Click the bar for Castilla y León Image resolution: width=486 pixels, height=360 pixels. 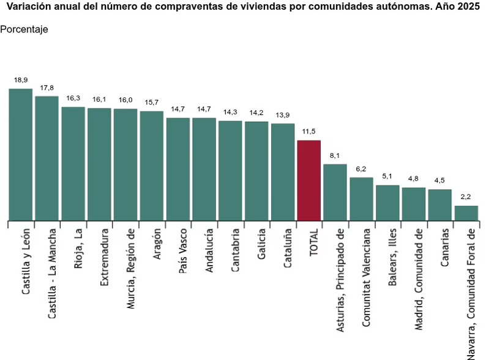[20, 154]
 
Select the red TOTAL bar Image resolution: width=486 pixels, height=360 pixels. [308, 180]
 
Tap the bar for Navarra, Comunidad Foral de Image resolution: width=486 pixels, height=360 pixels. [466, 213]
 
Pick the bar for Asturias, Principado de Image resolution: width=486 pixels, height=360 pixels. [335, 192]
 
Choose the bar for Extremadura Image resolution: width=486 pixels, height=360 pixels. [99, 164]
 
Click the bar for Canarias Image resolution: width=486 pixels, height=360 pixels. [439, 204]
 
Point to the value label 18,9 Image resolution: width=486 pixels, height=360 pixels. [21, 80]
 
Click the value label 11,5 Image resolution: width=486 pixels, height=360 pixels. [308, 132]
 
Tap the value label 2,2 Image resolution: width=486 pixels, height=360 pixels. [466, 197]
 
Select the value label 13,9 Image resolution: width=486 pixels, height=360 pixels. [282, 115]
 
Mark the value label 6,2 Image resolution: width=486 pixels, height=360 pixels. [361, 169]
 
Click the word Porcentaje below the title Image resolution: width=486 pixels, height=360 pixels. [24, 29]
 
